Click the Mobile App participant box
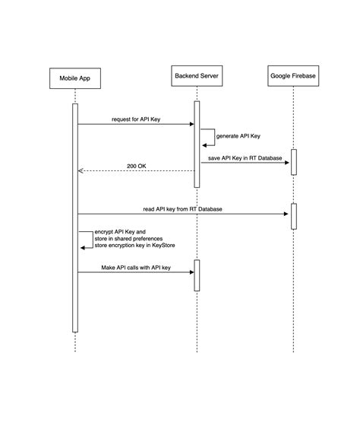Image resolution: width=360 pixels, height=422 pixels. pos(75,78)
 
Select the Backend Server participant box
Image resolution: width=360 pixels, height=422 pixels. pos(197,78)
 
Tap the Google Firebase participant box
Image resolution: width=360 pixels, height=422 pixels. pos(293,78)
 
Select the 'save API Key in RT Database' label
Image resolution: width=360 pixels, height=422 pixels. pos(245,157)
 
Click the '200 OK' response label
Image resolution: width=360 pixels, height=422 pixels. pos(137,166)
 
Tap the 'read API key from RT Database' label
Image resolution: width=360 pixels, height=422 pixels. pos(182,208)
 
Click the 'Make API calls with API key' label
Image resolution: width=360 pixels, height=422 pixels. pos(136,268)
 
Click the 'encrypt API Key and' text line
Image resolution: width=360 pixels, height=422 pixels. pos(119,231)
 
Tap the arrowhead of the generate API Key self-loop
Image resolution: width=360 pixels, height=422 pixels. pos(204,144)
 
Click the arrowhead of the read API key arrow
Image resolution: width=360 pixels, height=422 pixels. pos(287,214)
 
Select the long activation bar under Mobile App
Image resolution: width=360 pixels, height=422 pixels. pos(75,217)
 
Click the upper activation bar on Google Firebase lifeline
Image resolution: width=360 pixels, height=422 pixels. pos(293,162)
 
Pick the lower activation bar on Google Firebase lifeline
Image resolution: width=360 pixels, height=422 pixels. pos(293,216)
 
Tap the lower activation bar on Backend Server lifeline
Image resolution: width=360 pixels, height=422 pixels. pos(197,275)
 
